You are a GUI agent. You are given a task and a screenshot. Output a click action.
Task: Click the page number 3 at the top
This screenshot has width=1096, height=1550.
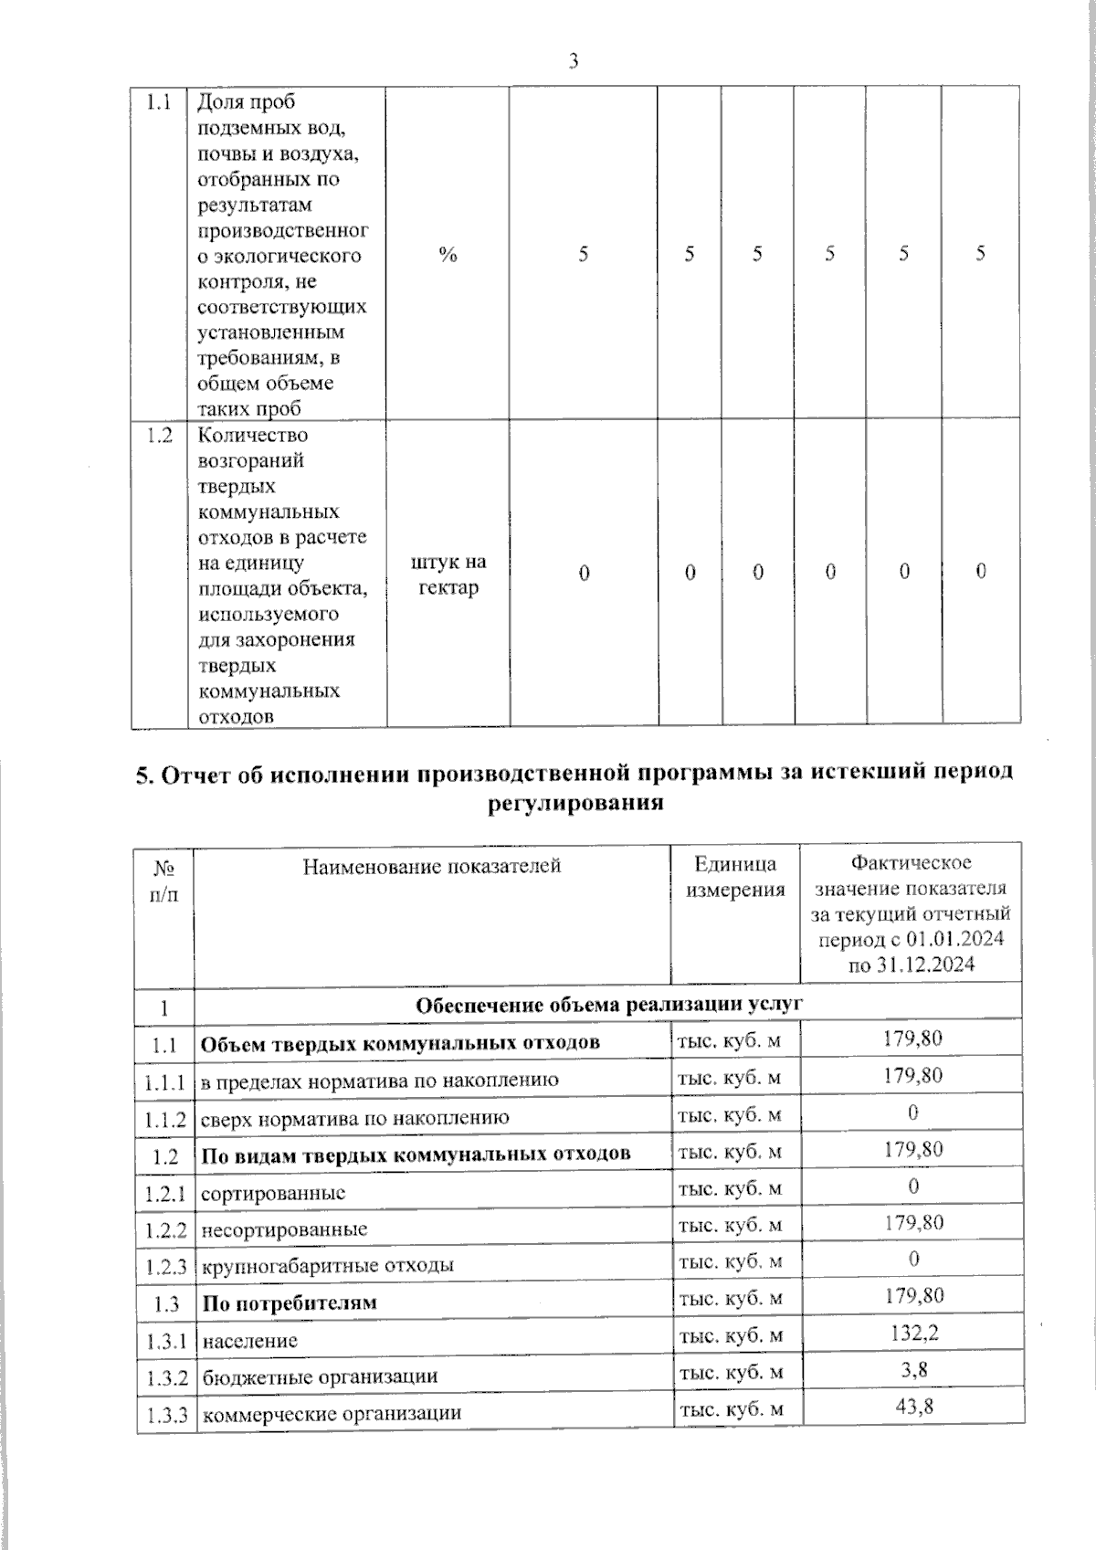[573, 61]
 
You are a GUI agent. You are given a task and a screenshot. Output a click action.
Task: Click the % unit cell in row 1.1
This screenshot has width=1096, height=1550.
[447, 255]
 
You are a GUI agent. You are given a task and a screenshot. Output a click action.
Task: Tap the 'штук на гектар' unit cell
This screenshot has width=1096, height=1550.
[448, 575]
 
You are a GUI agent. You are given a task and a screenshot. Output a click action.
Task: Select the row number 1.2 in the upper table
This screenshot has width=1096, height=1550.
[159, 436]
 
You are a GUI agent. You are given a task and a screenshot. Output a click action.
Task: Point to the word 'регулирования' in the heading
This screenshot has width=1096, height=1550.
[573, 803]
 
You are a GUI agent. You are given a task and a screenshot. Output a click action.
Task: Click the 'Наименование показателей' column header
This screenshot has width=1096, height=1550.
[432, 866]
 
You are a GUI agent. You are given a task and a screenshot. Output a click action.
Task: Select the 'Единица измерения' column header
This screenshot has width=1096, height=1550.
[735, 877]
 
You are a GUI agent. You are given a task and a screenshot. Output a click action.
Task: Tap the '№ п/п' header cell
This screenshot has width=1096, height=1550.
[163, 880]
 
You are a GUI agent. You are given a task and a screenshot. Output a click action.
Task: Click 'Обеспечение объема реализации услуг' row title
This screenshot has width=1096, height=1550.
[608, 1006]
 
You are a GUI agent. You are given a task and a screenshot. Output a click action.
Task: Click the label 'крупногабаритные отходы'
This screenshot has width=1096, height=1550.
[327, 1266]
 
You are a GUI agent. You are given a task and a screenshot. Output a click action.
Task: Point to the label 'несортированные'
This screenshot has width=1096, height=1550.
[284, 1229]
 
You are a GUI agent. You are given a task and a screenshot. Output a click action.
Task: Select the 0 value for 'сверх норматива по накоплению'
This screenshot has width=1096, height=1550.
[912, 1112]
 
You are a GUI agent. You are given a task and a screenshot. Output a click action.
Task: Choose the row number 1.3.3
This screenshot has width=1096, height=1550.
[165, 1416]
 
